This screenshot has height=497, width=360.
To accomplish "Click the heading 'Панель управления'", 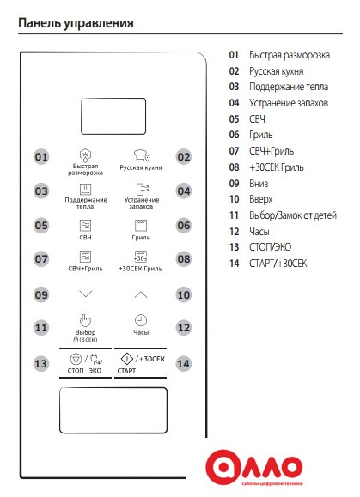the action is pyautogui.click(x=76, y=23).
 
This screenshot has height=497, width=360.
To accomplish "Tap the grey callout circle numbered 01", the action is pyautogui.click(x=41, y=157).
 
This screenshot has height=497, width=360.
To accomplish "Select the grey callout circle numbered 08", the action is pyautogui.click(x=184, y=259).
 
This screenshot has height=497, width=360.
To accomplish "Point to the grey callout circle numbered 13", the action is pyautogui.click(x=41, y=364).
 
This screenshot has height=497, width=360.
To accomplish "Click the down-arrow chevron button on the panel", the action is pyautogui.click(x=86, y=294).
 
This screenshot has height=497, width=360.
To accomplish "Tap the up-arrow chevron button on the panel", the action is pyautogui.click(x=141, y=294).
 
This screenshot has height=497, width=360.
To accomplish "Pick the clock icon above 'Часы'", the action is pyautogui.click(x=141, y=320).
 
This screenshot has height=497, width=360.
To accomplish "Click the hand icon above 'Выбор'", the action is pyautogui.click(x=85, y=320).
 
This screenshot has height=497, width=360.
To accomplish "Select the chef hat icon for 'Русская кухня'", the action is pyautogui.click(x=141, y=155).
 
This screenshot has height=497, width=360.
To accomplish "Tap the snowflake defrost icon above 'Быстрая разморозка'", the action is pyautogui.click(x=85, y=155).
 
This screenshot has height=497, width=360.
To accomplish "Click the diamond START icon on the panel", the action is pyautogui.click(x=127, y=359).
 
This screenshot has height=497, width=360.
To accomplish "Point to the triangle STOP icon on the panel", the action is pyautogui.click(x=76, y=360).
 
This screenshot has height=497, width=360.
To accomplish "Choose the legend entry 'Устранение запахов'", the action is pyautogui.click(x=289, y=103).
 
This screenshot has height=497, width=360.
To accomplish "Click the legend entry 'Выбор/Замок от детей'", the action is pyautogui.click(x=293, y=215).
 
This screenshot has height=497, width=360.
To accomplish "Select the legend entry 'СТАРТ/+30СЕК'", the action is pyautogui.click(x=278, y=264).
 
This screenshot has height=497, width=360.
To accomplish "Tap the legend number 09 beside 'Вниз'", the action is pyautogui.click(x=234, y=184).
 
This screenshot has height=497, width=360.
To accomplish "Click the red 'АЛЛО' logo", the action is pyautogui.click(x=254, y=467).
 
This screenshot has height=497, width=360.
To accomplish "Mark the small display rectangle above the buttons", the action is pyautogui.click(x=113, y=116).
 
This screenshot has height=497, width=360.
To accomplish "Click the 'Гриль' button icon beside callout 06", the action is pyautogui.click(x=141, y=226).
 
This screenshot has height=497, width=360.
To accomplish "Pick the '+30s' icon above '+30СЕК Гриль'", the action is pyautogui.click(x=141, y=257).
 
